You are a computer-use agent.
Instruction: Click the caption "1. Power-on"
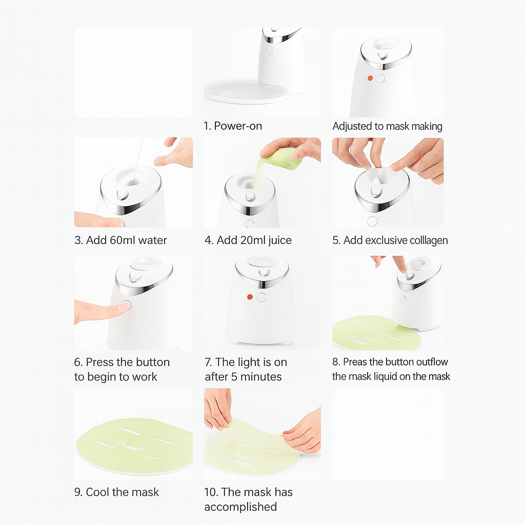pyautogui.click(x=233, y=126)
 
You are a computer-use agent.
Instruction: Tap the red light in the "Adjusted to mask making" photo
pyautogui.click(x=370, y=78)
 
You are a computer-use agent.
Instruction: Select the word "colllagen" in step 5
pyautogui.click(x=429, y=240)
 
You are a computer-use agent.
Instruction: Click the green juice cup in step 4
pyautogui.click(x=281, y=159)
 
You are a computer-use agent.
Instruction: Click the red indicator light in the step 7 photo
pyautogui.click(x=250, y=297)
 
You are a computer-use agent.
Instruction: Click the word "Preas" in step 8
pyautogui.click(x=355, y=361)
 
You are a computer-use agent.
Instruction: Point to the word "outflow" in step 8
pyautogui.click(x=432, y=361)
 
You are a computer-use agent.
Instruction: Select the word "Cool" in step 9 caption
pyautogui.click(x=97, y=492)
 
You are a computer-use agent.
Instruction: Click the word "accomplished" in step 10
pyautogui.click(x=241, y=507)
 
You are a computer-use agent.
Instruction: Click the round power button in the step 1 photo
pyautogui.click(x=270, y=50)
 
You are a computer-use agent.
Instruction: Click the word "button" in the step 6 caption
pyautogui.click(x=152, y=362)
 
